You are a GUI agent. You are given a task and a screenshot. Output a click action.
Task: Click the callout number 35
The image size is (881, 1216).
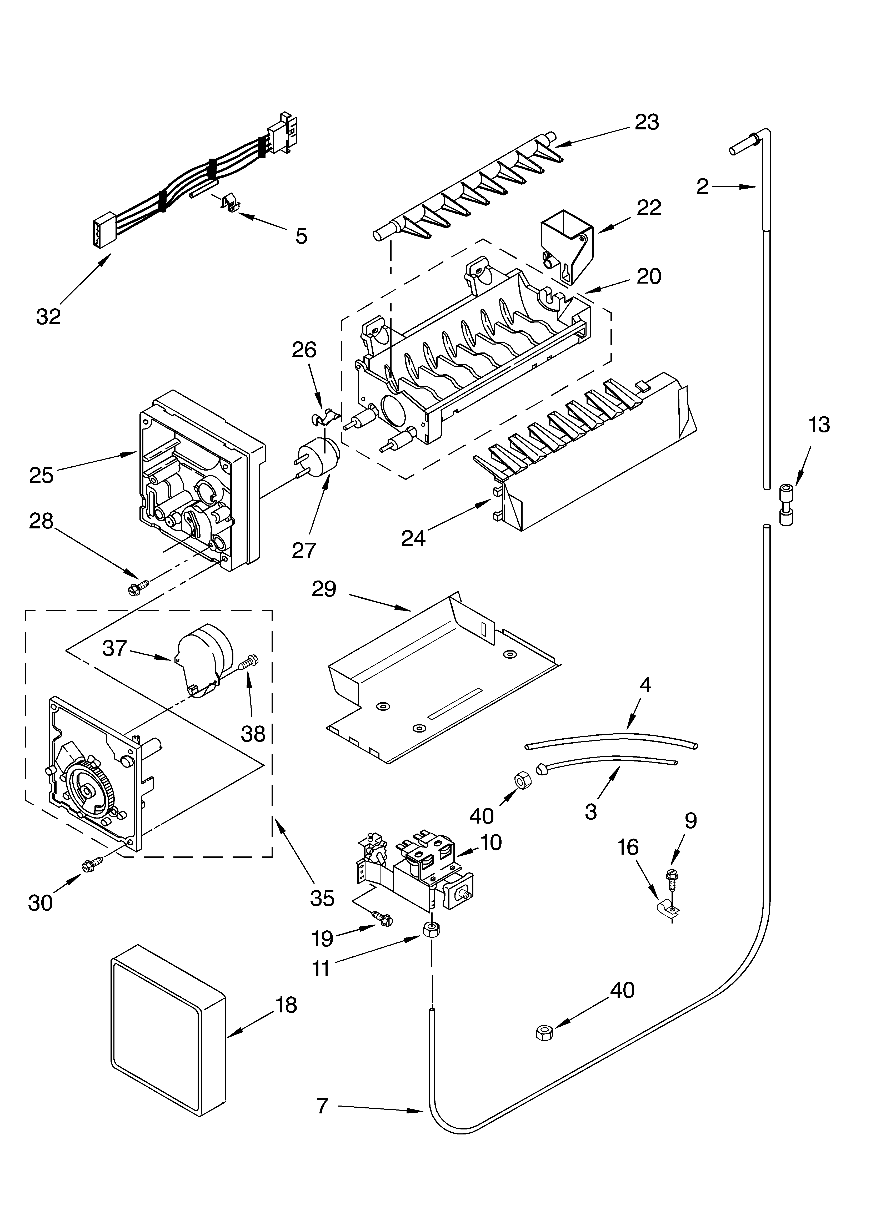tap(322, 898)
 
